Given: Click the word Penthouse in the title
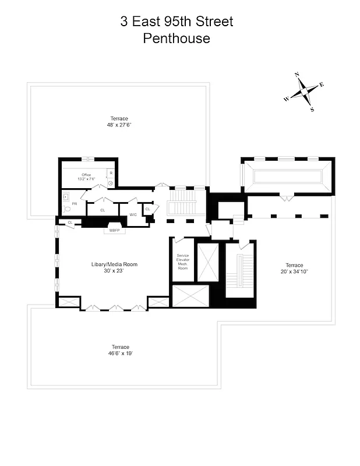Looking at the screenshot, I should (176, 39).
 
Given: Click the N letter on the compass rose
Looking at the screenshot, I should (297, 75).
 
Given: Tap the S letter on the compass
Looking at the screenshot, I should (312, 110).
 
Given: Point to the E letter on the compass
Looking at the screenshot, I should (322, 84).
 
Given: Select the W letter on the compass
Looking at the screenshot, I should (286, 100).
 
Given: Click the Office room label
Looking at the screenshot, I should (86, 175).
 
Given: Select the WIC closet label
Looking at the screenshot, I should (133, 215).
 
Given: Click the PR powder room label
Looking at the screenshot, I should (75, 204).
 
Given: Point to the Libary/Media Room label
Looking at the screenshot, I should (114, 264).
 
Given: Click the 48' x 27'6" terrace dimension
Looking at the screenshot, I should (115, 125).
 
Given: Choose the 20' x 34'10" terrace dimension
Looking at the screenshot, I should (294, 271).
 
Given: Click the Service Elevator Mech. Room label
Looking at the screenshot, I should (183, 262).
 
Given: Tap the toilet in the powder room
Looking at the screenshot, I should (67, 208).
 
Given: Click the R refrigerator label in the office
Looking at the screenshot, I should (111, 173).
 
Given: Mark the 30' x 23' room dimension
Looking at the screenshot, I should (114, 271).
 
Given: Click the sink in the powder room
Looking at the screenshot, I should (65, 197).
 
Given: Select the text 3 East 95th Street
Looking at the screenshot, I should (177, 22).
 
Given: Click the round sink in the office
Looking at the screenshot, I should (111, 182).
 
